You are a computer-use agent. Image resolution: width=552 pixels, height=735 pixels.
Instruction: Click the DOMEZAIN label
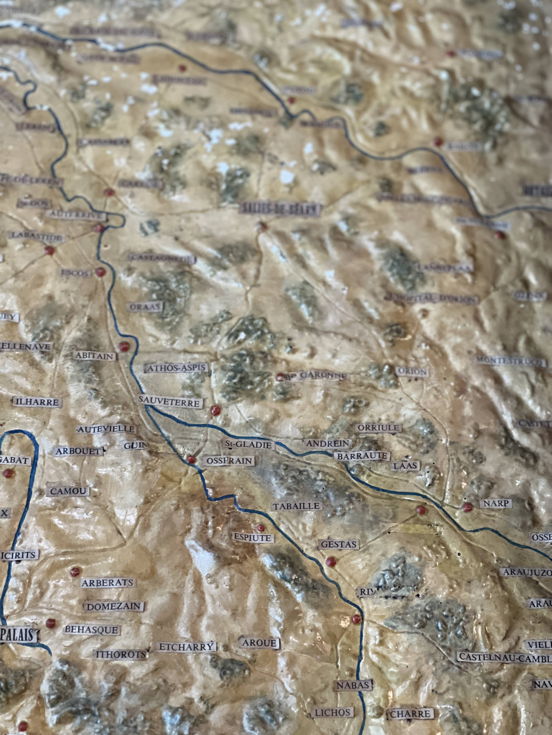pos(114,606)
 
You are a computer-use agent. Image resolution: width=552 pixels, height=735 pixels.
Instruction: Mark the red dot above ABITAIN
pos(124,346)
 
